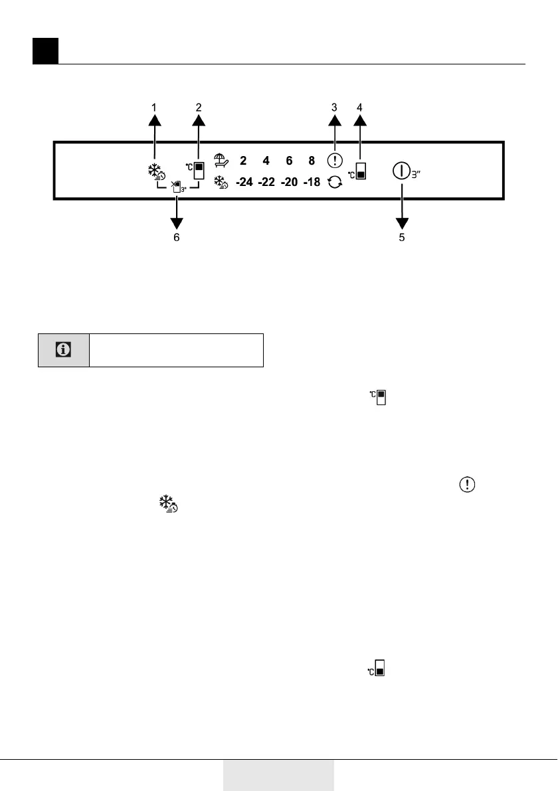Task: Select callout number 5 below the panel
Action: [x=402, y=237]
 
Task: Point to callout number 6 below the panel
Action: [x=177, y=237]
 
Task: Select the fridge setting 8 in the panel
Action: [x=312, y=161]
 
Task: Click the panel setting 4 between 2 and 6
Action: [x=266, y=161]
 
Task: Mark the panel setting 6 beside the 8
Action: [x=289, y=161]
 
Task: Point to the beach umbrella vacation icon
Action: [x=221, y=160]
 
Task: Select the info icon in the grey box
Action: [x=64, y=350]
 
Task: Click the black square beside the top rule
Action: [x=46, y=51]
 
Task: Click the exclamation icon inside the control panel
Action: [x=335, y=161]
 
